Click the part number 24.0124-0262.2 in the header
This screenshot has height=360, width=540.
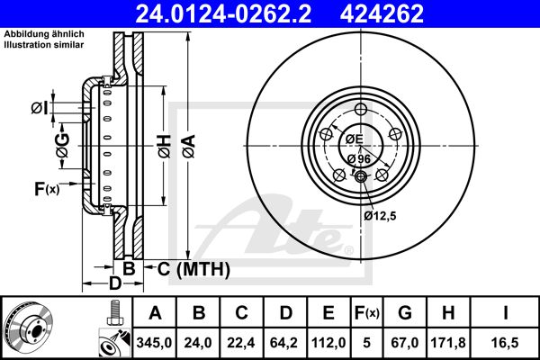click(x=223, y=13)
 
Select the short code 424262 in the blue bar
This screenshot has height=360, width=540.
click(x=382, y=13)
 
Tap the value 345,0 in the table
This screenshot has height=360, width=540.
click(x=154, y=343)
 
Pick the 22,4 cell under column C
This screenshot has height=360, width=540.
click(x=241, y=343)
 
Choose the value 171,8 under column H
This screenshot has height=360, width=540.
click(x=448, y=343)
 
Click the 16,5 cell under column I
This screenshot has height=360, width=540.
click(x=505, y=343)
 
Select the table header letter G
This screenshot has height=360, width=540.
click(x=405, y=313)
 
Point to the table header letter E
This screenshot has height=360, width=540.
click(x=328, y=313)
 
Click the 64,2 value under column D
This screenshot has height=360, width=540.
click(x=284, y=343)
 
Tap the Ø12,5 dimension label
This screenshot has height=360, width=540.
click(x=380, y=216)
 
